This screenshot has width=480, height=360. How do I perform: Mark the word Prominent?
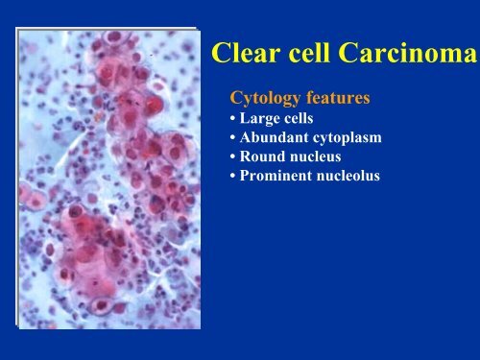(x=268, y=174)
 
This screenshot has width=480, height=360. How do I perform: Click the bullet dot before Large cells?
(x=226, y=121)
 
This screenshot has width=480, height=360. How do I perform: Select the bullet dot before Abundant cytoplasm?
(x=226, y=138)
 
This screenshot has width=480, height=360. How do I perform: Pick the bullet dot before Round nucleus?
(x=226, y=156)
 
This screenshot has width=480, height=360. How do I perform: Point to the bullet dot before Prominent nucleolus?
(x=226, y=174)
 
